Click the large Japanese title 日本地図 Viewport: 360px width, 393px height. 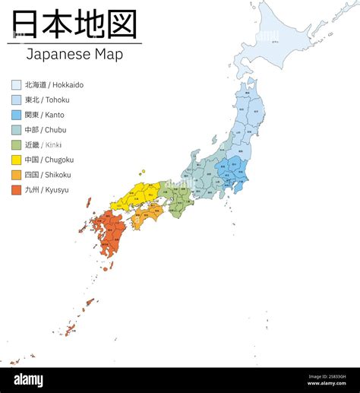coord(74,24)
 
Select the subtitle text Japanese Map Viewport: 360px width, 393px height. coord(74,54)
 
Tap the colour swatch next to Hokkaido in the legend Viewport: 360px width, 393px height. coord(16,85)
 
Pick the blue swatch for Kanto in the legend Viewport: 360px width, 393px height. coord(16,115)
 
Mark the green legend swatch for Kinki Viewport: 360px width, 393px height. coord(16,144)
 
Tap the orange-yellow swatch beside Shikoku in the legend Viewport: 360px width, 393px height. coord(16,175)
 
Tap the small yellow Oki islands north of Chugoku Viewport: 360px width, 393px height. coord(141,173)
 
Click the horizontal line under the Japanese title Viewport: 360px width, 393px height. coord(74,43)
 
